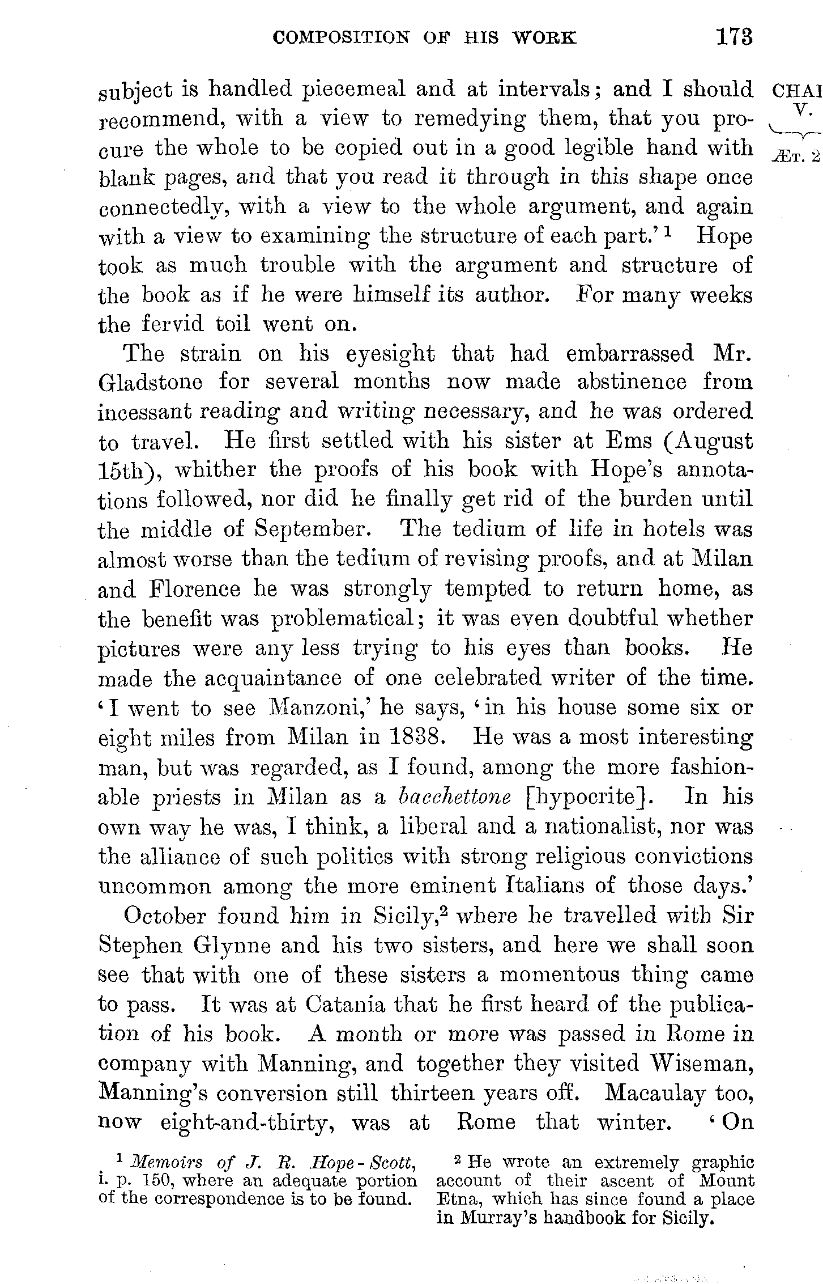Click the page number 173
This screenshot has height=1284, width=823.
click(734, 37)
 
